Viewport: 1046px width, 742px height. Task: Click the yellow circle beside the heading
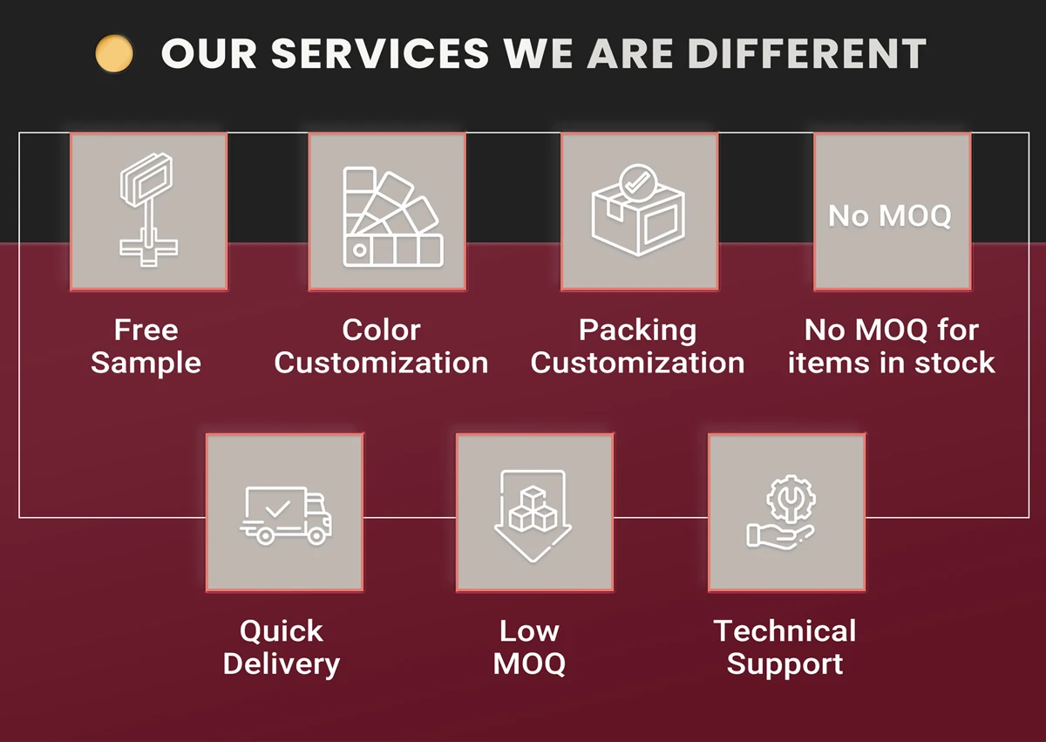click(114, 54)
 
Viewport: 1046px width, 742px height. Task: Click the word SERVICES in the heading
click(380, 54)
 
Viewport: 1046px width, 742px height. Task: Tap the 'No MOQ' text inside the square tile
click(890, 215)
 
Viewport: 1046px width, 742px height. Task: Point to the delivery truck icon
click(286, 514)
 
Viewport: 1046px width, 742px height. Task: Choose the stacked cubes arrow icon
click(530, 514)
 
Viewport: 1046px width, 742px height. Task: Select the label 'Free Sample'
click(146, 346)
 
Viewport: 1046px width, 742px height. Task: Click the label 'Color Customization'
click(381, 346)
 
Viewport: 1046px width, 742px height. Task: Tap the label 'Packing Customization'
click(638, 346)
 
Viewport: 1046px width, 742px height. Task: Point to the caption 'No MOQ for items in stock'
click(891, 346)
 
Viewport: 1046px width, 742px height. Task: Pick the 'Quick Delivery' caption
click(282, 647)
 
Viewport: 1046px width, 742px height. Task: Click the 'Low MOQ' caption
click(529, 647)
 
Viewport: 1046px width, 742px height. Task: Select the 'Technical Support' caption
click(784, 647)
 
